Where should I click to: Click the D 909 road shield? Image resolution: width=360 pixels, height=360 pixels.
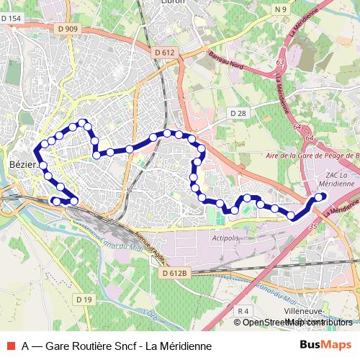68,29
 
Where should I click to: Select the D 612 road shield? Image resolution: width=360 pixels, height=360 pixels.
164,53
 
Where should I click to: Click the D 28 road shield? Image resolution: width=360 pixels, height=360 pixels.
238,114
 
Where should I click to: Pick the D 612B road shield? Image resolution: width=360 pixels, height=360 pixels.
174,274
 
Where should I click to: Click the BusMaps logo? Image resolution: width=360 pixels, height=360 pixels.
326,346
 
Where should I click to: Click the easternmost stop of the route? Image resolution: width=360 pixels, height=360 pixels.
321,196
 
